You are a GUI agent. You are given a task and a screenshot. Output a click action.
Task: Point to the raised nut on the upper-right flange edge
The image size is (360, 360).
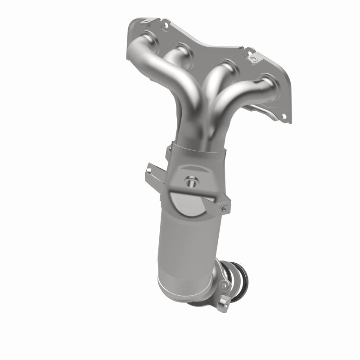[x=251, y=58]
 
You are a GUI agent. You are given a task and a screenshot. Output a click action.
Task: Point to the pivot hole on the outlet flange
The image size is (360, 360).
[x=223, y=284]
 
